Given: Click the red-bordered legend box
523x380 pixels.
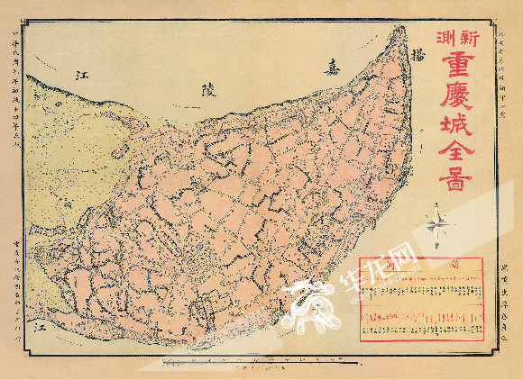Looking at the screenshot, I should pyautogui.click(x=423, y=300).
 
